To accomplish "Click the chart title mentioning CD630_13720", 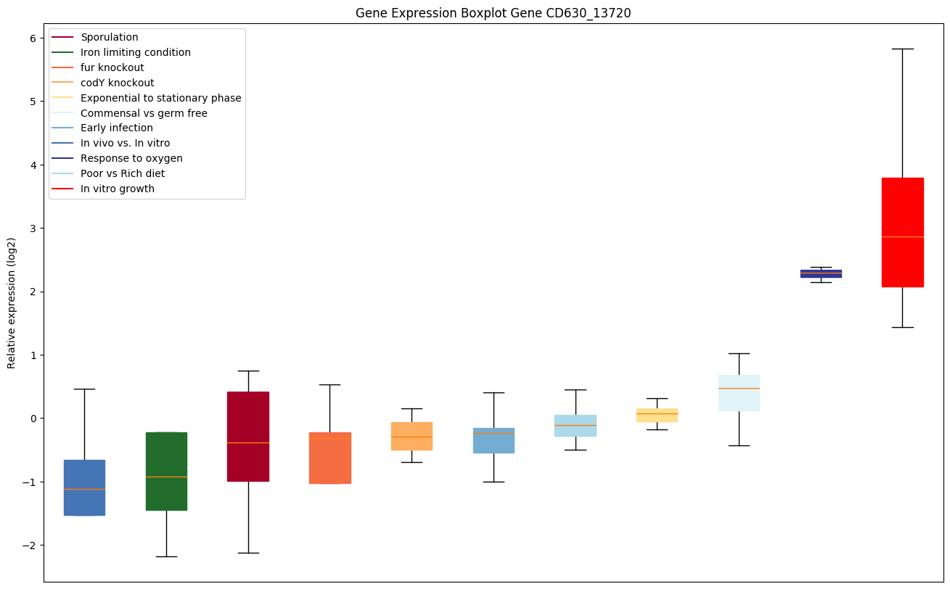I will click(493, 13).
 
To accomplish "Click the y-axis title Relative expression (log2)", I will click(12, 302).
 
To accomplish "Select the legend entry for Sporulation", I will click(110, 37).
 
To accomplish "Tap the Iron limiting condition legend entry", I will click(136, 52).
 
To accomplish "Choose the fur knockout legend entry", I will click(112, 67).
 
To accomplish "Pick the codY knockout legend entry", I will click(118, 83).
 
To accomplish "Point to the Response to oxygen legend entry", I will click(131, 158).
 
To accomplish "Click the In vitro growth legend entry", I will click(118, 189).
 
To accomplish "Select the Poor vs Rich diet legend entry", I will click(123, 173).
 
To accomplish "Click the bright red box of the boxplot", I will click(902, 232).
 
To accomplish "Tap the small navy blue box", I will click(821, 273).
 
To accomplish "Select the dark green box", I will click(166, 471).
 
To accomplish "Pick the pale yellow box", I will click(657, 415).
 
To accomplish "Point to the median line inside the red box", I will click(902, 236).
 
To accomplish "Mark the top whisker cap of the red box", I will click(902, 49).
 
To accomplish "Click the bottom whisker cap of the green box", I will click(166, 556).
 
